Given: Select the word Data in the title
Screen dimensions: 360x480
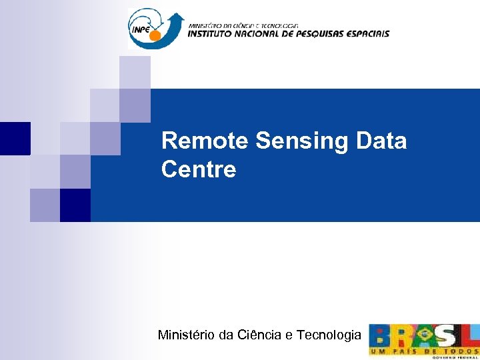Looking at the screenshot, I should (x=381, y=141).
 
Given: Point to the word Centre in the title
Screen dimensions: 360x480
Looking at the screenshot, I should (x=199, y=169).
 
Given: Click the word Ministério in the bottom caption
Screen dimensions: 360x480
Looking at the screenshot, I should (x=186, y=335).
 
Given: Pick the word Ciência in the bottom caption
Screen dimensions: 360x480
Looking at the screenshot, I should (x=260, y=335).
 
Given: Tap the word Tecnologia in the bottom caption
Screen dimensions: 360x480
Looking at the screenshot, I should (x=327, y=335).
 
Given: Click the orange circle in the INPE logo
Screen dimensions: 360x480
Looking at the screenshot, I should (x=155, y=35).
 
